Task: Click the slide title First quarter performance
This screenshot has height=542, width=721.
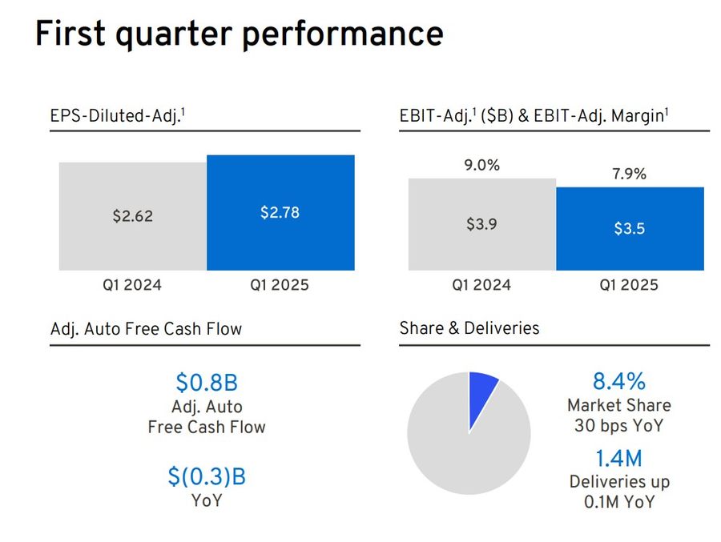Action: point(239,34)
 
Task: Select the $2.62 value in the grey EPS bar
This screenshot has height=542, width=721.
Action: point(132,216)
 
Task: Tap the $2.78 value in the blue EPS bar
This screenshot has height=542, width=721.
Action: point(280,212)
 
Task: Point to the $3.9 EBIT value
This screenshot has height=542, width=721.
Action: point(481,224)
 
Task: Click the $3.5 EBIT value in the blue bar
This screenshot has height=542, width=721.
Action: point(629,228)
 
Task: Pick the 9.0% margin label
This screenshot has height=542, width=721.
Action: point(481,166)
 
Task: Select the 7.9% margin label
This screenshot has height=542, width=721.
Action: point(629,174)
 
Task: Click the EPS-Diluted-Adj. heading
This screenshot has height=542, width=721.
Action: point(118,116)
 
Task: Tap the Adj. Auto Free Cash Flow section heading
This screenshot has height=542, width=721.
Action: point(146,328)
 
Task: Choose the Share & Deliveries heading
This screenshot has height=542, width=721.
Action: point(469,327)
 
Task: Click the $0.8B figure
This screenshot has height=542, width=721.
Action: point(206,383)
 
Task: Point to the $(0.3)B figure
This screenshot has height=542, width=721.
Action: point(206,477)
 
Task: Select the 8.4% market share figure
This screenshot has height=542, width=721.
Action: point(618,381)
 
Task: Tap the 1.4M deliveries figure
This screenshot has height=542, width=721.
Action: point(618,459)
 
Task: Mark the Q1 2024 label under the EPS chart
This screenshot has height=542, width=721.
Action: point(131,285)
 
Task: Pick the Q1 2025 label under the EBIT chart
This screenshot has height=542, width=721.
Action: point(629,285)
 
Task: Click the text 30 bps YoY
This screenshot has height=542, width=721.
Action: point(618,425)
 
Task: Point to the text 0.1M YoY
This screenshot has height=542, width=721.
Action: point(618,502)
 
